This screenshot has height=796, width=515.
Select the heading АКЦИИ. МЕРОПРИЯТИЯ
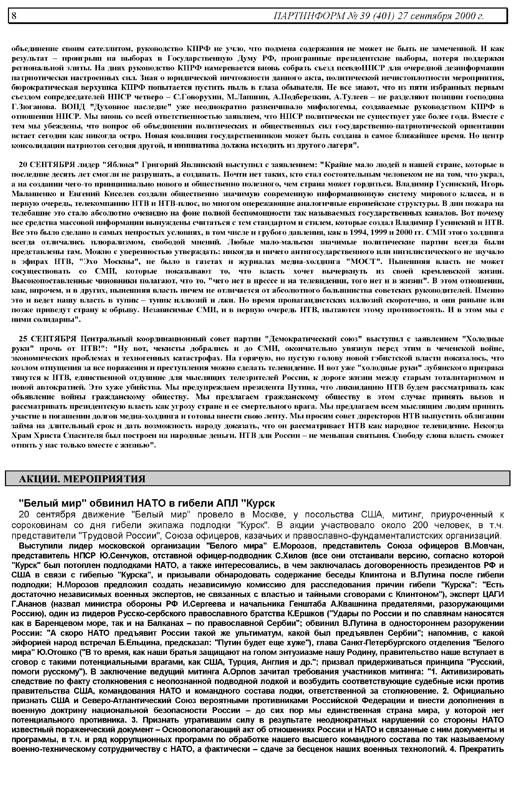[x=82, y=479]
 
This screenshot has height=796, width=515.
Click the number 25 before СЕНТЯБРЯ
[x=23, y=339]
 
